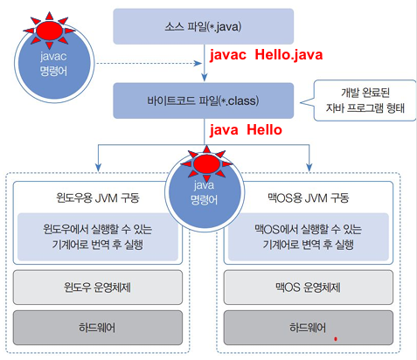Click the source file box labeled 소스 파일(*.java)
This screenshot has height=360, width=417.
pos(204,26)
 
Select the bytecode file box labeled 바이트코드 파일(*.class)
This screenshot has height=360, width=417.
pos(204,100)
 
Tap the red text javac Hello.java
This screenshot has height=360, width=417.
pos(266,55)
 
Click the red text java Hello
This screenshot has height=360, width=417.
pos(246,130)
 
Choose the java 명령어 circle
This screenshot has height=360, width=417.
pos(205,193)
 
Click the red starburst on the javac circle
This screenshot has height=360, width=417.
pos(49,30)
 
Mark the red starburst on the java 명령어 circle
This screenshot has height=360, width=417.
pos(206,164)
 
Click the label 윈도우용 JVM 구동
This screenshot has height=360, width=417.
pos(98,198)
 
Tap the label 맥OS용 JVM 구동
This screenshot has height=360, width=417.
pos(309,198)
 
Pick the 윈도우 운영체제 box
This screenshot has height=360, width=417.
pos(98,287)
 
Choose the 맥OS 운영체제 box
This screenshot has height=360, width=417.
pos(309,287)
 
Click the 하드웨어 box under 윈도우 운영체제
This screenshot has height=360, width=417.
pos(98,328)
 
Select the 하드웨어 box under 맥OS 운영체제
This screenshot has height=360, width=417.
pos(309,328)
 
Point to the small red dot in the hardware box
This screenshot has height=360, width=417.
pos(336,339)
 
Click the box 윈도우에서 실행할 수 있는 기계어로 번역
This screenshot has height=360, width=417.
pos(98,237)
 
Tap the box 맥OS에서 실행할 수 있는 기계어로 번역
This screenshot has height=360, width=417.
pos(309,237)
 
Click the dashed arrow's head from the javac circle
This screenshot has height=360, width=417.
pos(198,63)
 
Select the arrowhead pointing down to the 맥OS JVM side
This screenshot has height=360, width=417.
pos(309,168)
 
